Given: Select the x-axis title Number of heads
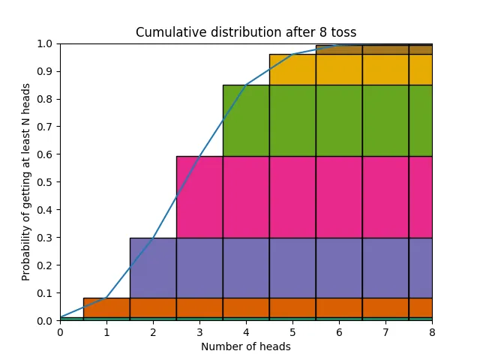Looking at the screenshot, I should click(246, 346).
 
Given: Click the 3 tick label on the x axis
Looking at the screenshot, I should click(199, 332).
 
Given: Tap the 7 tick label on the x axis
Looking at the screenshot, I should click(385, 332).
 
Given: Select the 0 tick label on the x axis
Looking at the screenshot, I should click(60, 332).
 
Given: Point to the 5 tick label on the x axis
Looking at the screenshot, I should click(292, 332).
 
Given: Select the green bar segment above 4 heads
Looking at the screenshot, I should click(246, 120).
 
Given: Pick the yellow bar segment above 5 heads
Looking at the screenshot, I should click(292, 69).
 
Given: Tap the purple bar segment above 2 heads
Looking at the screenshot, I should click(153, 268).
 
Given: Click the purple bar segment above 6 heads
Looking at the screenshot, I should click(339, 268).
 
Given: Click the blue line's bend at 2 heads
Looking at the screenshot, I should click(153, 238).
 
